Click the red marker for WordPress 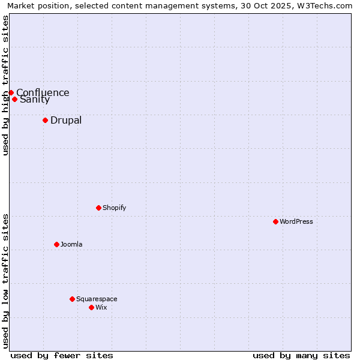(275, 221)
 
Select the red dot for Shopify (98, 208)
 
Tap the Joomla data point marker (56, 244)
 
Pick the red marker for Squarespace (72, 299)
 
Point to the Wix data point (91, 307)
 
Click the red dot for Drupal (45, 120)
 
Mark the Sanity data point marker (14, 99)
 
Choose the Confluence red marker (11, 92)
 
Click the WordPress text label (296, 221)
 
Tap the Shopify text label (114, 208)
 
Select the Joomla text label (71, 244)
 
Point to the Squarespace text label (97, 299)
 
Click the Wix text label (101, 307)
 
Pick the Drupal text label (66, 120)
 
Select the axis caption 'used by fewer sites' (62, 355)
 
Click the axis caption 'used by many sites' (301, 355)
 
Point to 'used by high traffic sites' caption (5, 85)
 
